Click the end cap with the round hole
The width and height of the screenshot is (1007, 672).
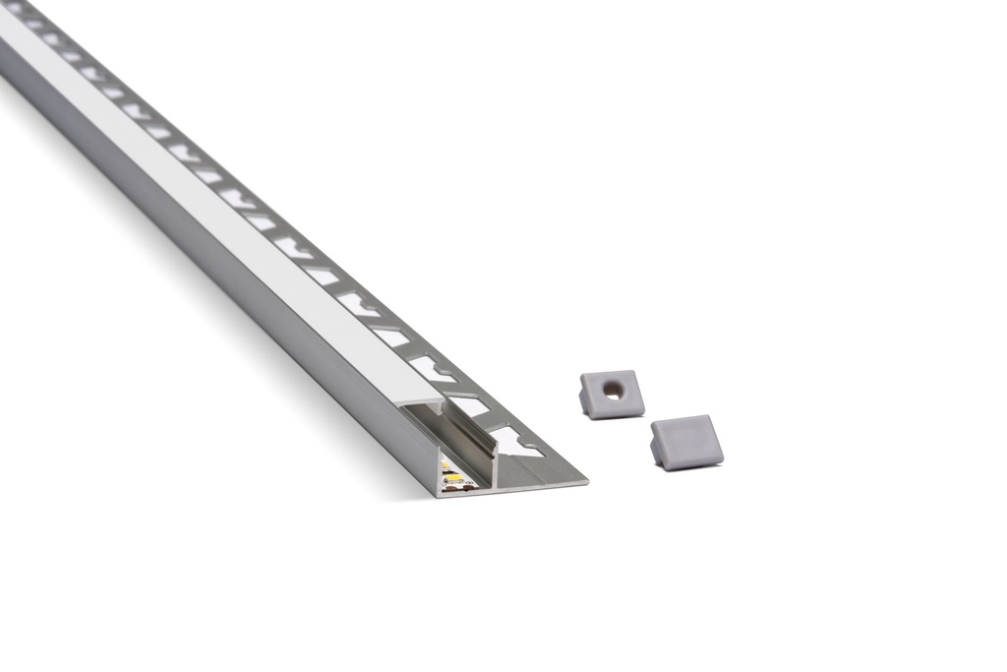pyautogui.click(x=613, y=394)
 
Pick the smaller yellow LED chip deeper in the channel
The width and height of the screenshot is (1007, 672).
pyautogui.click(x=448, y=465)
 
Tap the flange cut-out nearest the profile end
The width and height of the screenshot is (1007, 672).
pyautogui.click(x=515, y=442)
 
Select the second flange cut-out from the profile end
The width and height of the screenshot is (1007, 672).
pyautogui.click(x=471, y=405)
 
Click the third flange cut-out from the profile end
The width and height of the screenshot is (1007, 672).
pyautogui.click(x=433, y=369)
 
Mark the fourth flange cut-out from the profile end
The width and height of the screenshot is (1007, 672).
pyautogui.click(x=393, y=336)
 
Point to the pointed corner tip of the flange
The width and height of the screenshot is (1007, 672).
pyautogui.click(x=584, y=482)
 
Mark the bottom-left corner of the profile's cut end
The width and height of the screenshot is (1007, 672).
pyautogui.click(x=440, y=494)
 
